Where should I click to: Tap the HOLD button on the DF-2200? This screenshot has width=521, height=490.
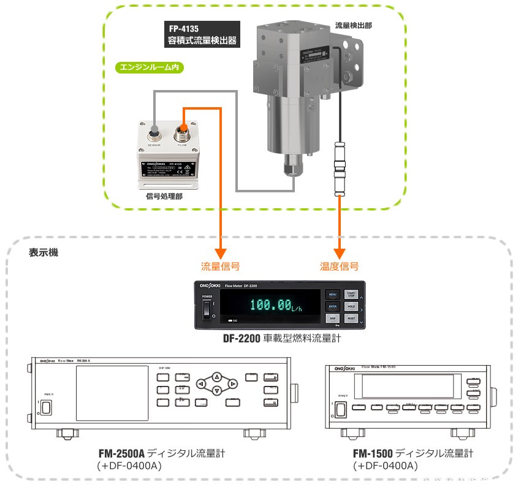coord(351,306)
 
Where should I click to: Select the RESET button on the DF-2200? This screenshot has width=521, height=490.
coord(351,318)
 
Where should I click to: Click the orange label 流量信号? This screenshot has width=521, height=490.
coord(220,266)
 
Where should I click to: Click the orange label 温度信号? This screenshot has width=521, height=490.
coord(339,266)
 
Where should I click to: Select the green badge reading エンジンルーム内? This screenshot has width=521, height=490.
coord(150,67)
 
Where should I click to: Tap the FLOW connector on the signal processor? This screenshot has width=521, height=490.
coord(182,130)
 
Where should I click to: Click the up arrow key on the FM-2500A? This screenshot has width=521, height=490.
coord(216,377)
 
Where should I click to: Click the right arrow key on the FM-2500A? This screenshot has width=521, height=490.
coord(232,384)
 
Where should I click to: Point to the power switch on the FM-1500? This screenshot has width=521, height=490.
coord(340,410)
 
